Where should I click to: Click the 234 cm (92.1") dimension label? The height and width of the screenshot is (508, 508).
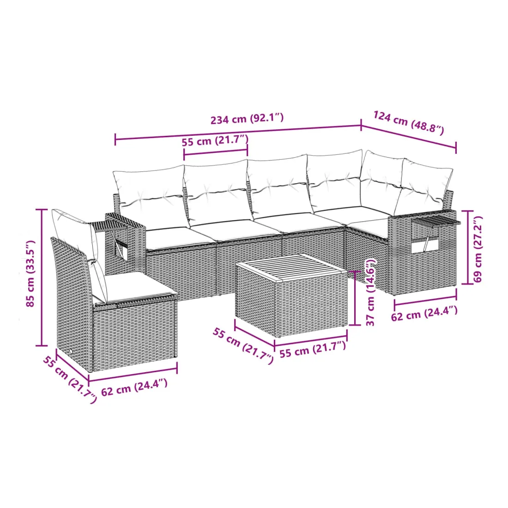click(247, 119)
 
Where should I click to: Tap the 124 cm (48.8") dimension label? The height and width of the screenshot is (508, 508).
click(409, 122)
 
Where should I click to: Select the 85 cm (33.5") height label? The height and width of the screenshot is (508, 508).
click(30, 274)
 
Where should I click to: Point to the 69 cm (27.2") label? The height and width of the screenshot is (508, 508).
click(478, 249)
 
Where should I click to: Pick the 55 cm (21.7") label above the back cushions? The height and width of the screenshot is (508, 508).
click(215, 141)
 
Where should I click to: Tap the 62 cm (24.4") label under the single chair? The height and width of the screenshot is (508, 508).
click(134, 387)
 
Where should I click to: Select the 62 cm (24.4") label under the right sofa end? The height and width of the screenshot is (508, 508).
click(424, 313)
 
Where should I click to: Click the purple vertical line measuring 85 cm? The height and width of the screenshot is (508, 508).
click(42, 278)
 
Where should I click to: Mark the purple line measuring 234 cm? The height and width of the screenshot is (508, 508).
click(238, 133)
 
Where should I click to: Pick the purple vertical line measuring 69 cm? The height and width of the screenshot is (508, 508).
click(467, 247)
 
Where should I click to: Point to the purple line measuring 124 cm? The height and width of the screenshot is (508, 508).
click(409, 136)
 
